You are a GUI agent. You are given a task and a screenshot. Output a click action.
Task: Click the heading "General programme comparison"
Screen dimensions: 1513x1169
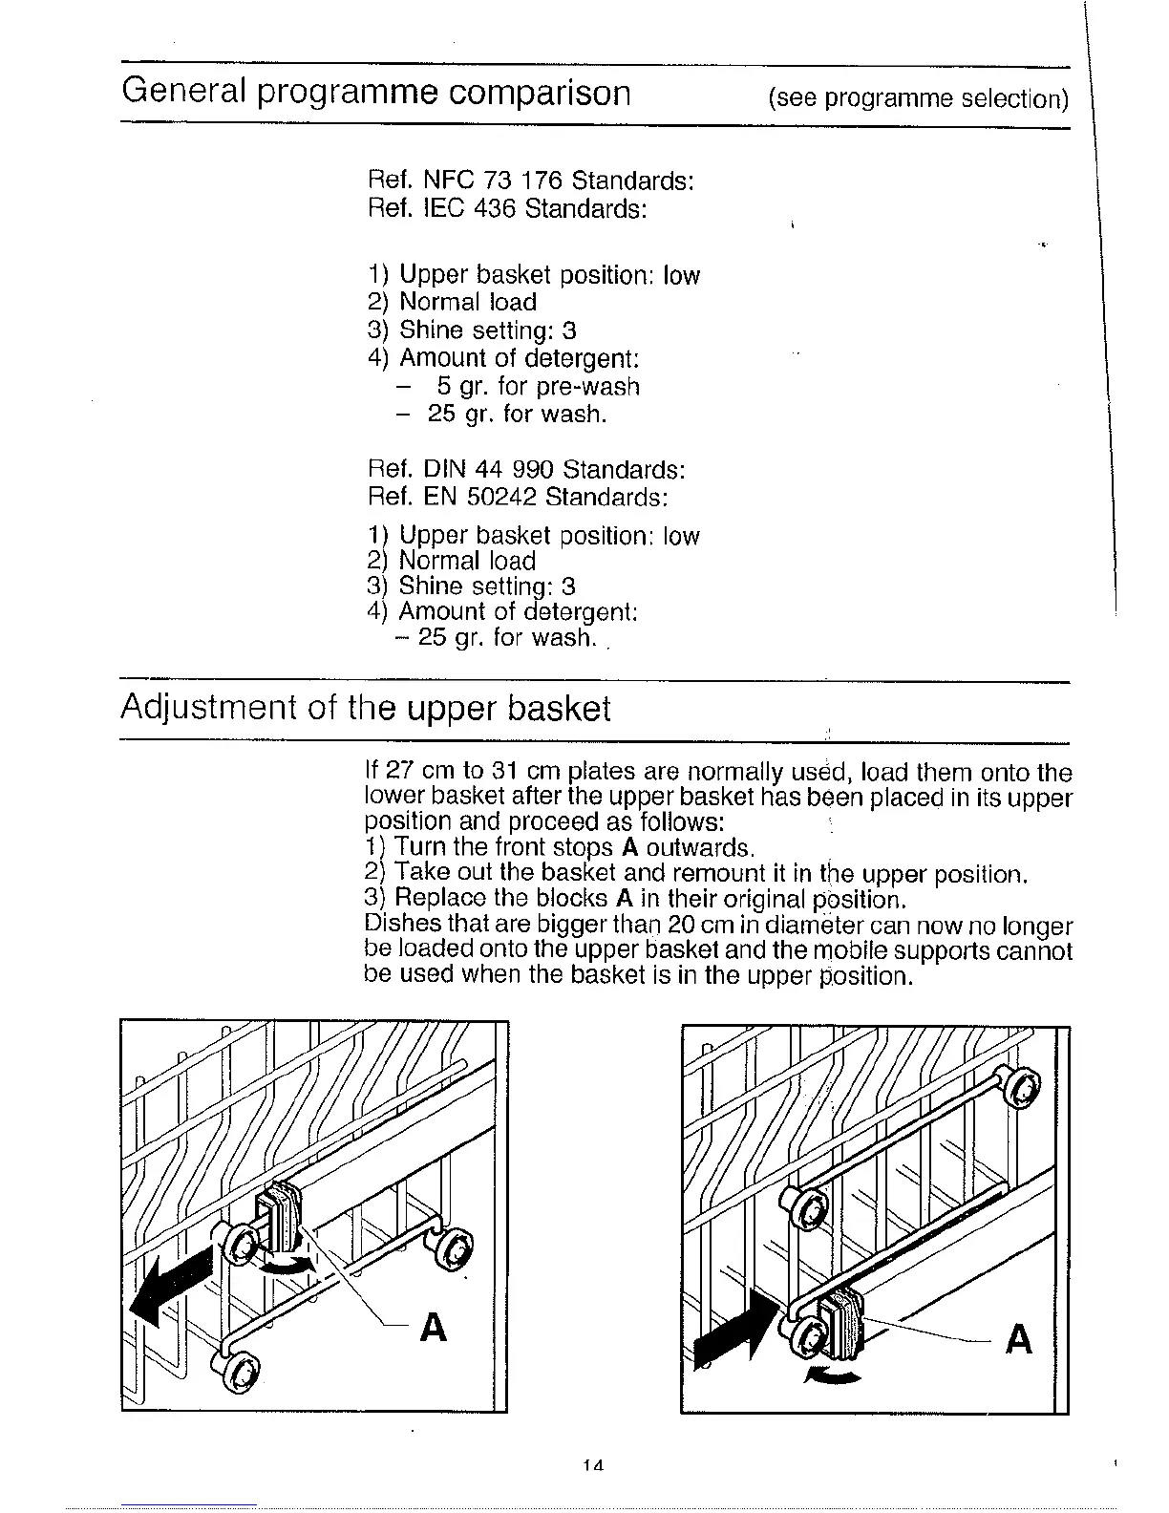pyautogui.click(x=376, y=94)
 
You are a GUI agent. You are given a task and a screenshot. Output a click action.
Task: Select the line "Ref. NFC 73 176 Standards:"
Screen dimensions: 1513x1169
pyautogui.click(x=530, y=181)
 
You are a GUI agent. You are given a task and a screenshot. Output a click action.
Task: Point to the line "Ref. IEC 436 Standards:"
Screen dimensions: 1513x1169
pyautogui.click(x=507, y=207)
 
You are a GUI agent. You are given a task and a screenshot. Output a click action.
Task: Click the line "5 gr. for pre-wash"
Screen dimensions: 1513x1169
pyautogui.click(x=538, y=386)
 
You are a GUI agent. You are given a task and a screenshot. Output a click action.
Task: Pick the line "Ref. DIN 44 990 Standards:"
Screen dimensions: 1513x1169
pyautogui.click(x=526, y=470)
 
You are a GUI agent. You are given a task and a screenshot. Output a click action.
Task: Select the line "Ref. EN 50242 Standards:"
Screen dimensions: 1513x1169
pyautogui.click(x=518, y=497)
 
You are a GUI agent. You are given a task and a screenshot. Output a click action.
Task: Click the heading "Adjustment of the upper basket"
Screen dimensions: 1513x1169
pyautogui.click(x=365, y=709)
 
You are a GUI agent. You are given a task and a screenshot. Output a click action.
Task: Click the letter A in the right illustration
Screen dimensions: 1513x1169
pyautogui.click(x=1019, y=1340)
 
